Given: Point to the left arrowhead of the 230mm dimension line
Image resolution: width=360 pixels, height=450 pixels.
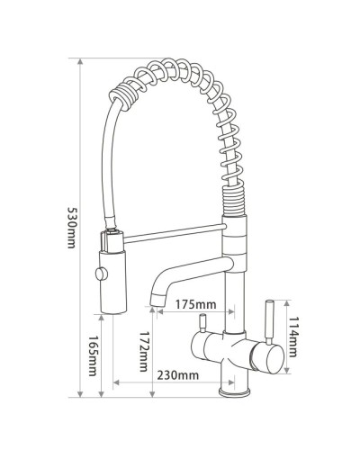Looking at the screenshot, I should coord(115,385).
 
